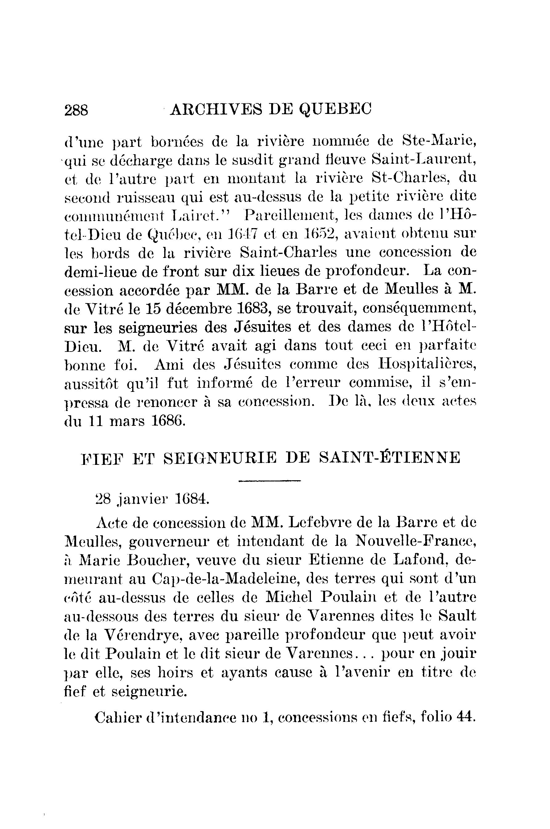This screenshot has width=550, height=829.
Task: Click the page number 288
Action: [x=76, y=110]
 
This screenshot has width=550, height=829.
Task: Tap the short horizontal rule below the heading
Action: [x=269, y=481]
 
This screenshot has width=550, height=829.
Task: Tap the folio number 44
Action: [x=466, y=718]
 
